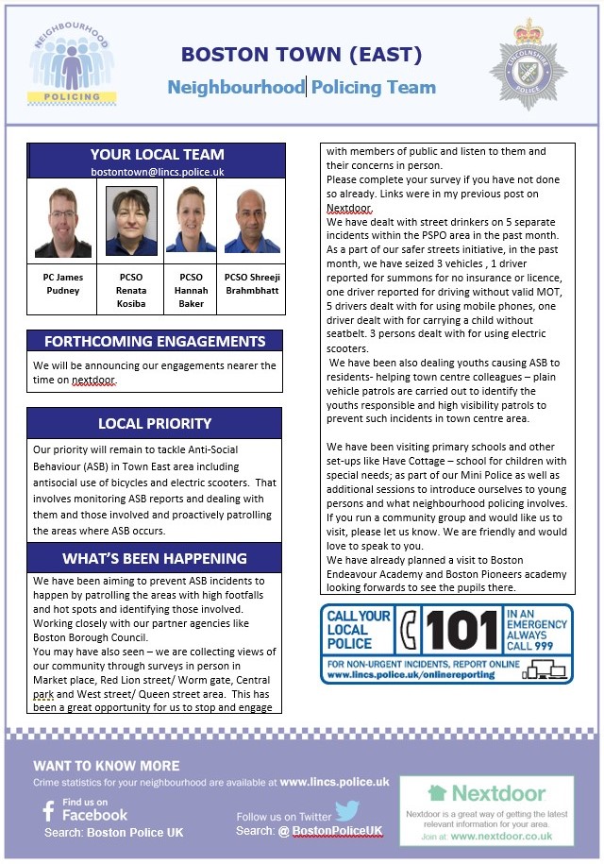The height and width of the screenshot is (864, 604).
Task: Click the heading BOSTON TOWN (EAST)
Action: pos(302,54)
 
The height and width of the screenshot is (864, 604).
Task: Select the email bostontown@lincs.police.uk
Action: pos(157,172)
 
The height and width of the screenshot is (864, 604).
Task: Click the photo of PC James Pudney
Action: pos(62,220)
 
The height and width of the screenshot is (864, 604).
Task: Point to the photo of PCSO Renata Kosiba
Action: pos(131,220)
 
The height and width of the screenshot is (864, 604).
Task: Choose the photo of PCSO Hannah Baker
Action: pos(191,220)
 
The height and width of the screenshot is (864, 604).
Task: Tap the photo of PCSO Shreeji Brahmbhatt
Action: pos(252,220)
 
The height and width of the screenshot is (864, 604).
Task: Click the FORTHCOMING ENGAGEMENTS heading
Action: pos(156,341)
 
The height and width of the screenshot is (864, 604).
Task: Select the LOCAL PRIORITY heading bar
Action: pos(155,423)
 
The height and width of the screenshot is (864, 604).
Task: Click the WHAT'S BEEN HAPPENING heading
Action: pos(155,557)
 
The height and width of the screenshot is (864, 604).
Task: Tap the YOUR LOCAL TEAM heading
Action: pos(157,154)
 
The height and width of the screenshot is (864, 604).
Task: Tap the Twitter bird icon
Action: pos(346,810)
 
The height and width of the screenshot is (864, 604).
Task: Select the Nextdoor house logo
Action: pos(437,793)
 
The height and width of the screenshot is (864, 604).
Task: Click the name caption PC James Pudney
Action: pos(62,284)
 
